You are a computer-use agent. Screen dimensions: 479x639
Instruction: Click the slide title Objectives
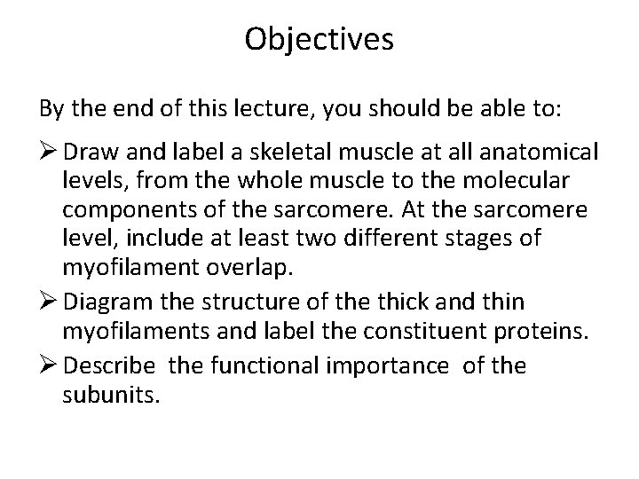(x=319, y=40)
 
